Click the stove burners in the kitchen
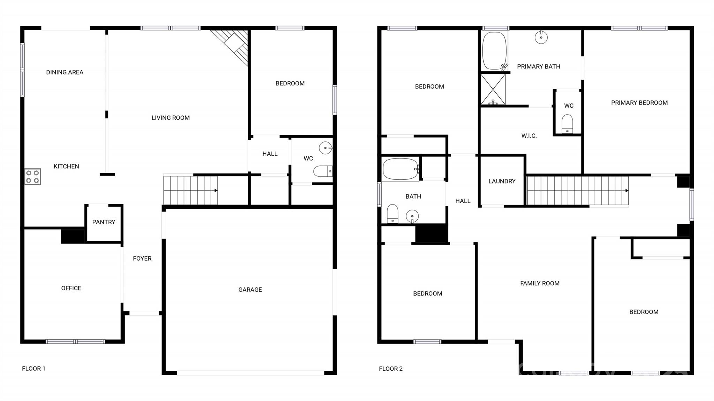pos(32,177)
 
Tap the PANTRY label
pos(104,222)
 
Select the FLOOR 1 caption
pos(33,369)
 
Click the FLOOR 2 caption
pos(390,369)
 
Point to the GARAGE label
pos(250,290)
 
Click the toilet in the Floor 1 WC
pos(322,171)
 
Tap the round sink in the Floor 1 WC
pos(326,148)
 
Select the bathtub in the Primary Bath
pos(494,51)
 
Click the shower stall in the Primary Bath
pos(493,90)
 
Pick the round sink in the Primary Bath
pos(541,38)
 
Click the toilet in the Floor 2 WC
pos(567,124)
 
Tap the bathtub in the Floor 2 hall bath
pos(400,169)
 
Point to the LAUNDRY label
pos(502,181)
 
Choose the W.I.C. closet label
pos(529,136)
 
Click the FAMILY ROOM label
pos(540,284)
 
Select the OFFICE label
pos(71,288)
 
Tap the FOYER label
pos(142,259)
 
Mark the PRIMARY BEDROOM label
pos(639,103)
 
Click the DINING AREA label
pos(65,72)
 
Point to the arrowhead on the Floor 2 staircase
pos(627,191)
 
